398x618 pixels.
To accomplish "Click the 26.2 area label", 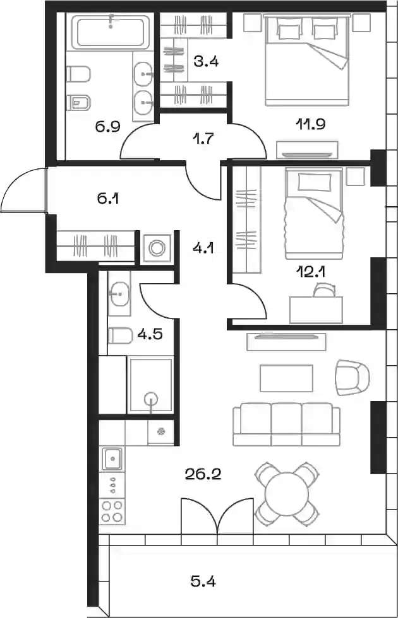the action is coord(203,474).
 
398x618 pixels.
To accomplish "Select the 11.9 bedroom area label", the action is coord(310,124).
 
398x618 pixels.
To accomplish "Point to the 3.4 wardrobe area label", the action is coord(206,61).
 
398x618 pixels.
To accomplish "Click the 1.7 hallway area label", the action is coord(204,138).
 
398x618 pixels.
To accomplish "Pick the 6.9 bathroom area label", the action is coord(108,127).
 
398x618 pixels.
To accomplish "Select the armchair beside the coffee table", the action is coord(353,377).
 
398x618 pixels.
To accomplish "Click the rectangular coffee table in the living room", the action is coord(286,378).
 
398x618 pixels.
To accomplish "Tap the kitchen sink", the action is coord(112,459).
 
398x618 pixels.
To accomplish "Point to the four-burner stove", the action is coord(112,511).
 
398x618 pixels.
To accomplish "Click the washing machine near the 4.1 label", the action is coord(157,248).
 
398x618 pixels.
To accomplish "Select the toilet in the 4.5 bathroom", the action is coord(120,335).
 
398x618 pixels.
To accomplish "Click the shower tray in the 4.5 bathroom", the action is coord(150,385).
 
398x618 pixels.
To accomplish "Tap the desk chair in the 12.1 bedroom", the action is coord(324,291).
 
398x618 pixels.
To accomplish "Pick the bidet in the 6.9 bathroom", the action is coord(78,103).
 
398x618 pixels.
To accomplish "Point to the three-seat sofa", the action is coord(286,424).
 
